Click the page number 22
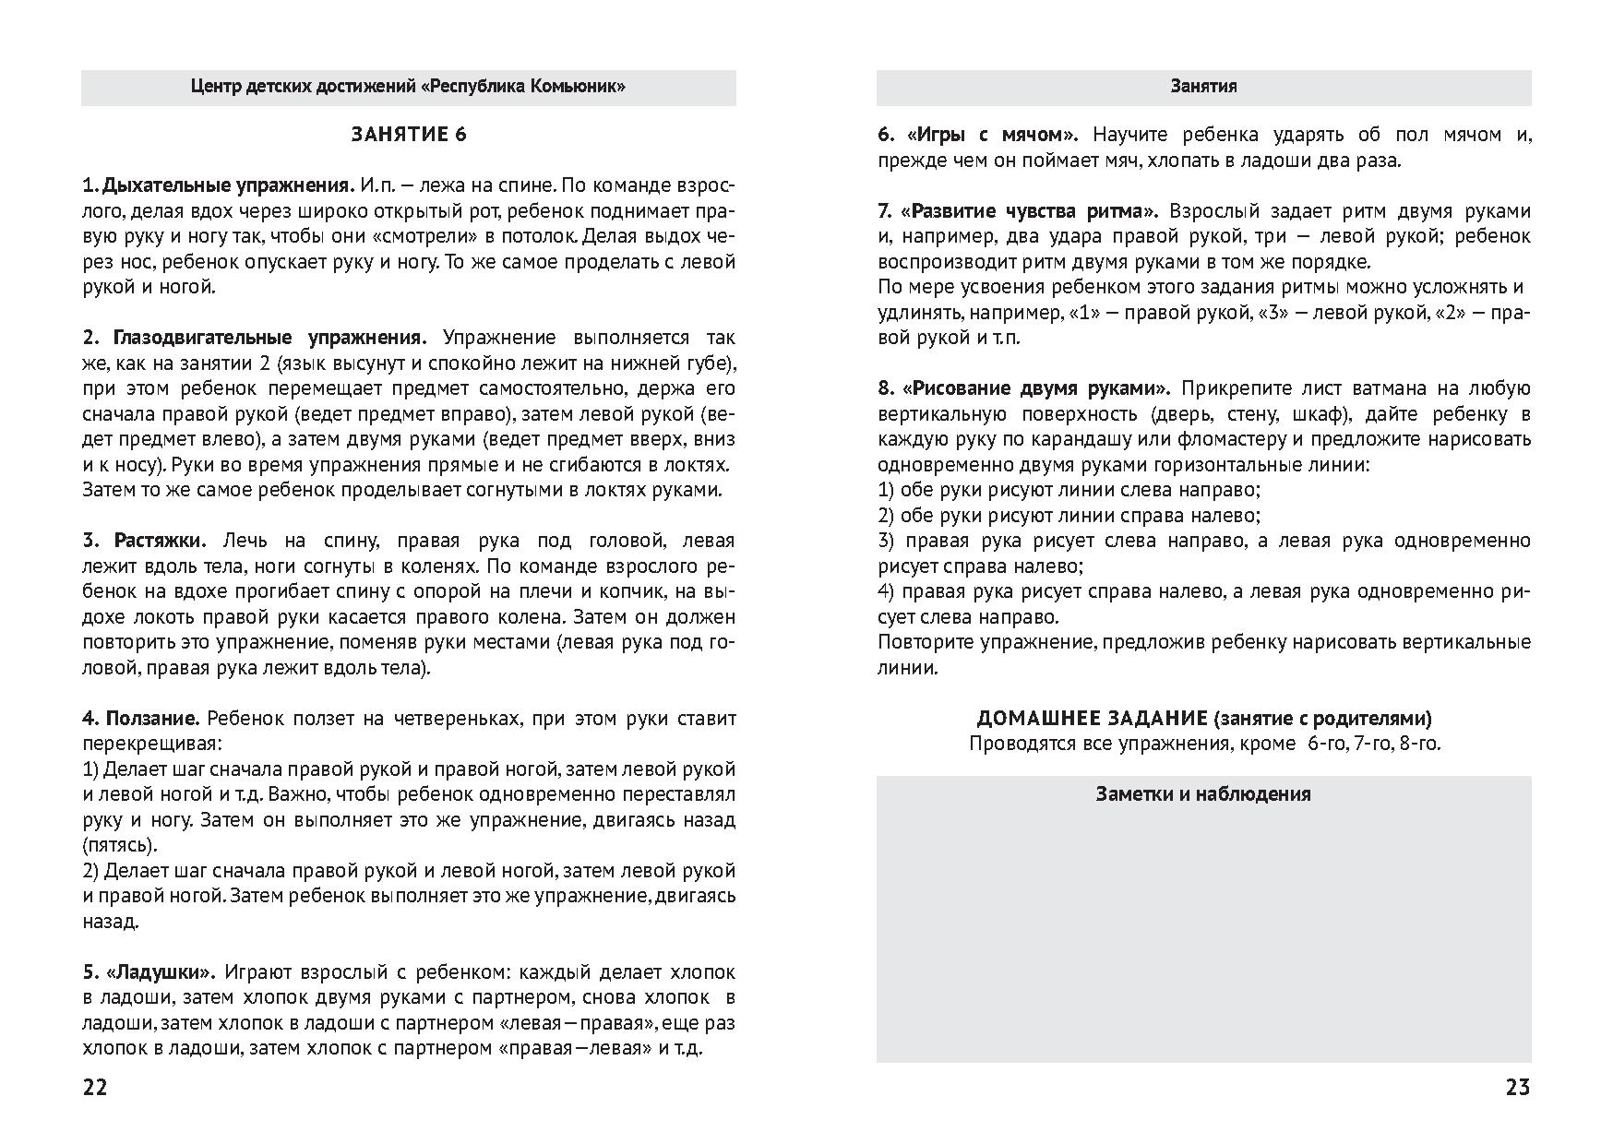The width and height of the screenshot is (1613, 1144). [x=95, y=1088]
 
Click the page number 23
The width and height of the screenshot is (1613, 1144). [x=1517, y=1088]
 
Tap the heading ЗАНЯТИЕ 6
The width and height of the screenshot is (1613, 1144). [x=409, y=135]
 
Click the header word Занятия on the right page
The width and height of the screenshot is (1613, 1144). [x=1203, y=87]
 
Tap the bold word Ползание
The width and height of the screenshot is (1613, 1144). [x=153, y=719]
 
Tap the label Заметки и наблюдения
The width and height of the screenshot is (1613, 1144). [x=1203, y=794]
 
